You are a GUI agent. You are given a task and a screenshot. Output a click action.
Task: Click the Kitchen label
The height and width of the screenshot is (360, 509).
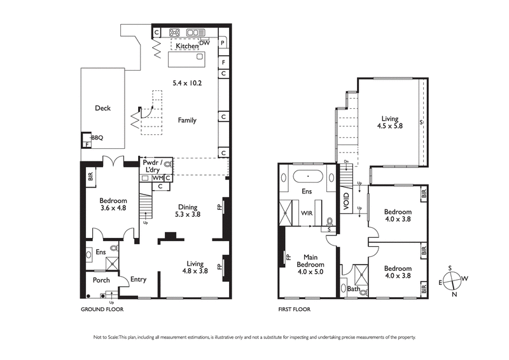tap(187, 46)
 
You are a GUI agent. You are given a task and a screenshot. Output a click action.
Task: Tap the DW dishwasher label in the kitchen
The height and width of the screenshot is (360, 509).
tap(204, 43)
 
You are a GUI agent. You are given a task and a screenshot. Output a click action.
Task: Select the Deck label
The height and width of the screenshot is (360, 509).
tap(102, 108)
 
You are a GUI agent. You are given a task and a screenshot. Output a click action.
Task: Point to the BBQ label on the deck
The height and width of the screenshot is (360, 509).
tap(97, 137)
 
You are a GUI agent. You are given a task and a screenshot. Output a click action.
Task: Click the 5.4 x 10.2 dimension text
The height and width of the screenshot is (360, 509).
tap(187, 83)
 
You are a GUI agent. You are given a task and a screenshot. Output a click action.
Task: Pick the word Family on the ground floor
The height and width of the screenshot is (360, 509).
tap(187, 120)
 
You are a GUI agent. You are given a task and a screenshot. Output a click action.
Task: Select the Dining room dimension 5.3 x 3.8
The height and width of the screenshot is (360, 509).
tap(188, 215)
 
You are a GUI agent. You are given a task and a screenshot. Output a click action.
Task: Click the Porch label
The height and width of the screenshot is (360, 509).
tap(101, 280)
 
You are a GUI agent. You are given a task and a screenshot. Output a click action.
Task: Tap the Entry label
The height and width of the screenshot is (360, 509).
tap(138, 279)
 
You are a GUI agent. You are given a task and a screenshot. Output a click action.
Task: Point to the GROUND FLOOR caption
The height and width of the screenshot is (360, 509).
tap(102, 309)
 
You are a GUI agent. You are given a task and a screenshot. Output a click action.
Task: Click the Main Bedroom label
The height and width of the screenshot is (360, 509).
tap(311, 261)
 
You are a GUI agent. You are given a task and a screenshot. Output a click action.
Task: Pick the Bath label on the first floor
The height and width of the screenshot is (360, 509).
tap(353, 289)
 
